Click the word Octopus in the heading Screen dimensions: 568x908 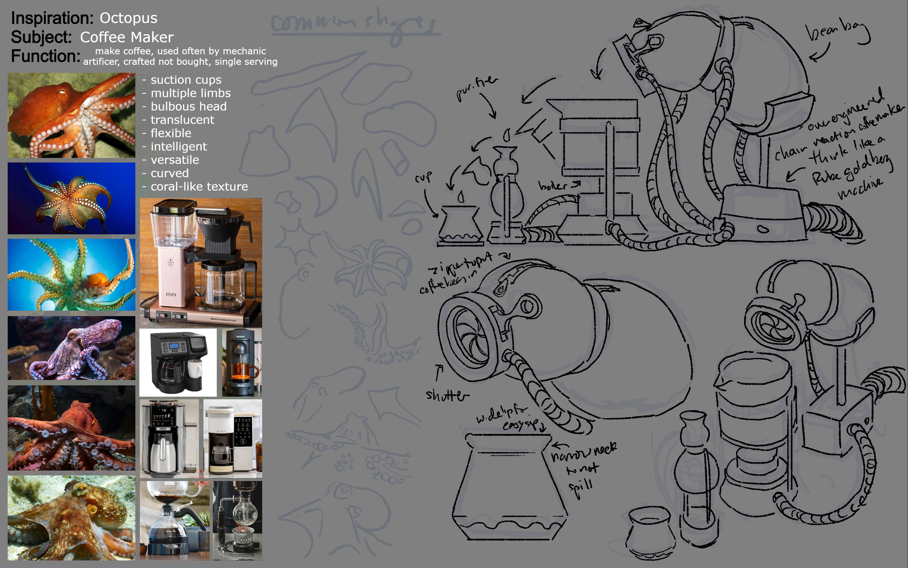pos(128,18)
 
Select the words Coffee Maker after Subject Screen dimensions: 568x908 pos(126,37)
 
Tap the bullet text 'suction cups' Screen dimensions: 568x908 pos(186,80)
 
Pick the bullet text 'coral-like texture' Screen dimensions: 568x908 pos(199,187)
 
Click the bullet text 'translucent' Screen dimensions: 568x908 pos(182,120)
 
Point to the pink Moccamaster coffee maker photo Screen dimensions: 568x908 pos(201,262)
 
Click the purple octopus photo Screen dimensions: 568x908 pos(71,348)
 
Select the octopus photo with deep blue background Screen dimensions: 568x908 pos(71,198)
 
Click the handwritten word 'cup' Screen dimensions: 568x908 pos(423,177)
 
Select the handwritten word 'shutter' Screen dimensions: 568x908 pos(447,395)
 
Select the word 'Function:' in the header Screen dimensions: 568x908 pos(45,56)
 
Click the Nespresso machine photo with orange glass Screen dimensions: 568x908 pos(242,363)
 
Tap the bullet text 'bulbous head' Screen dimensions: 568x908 pos(189,107)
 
